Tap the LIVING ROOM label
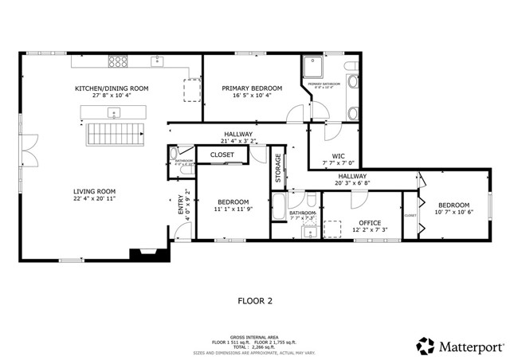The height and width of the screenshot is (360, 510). [x=96, y=191]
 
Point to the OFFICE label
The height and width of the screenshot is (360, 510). [x=369, y=222]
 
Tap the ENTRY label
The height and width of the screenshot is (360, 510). [x=179, y=204]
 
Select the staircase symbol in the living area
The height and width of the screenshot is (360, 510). [x=112, y=131]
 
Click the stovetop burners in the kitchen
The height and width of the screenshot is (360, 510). [x=119, y=61]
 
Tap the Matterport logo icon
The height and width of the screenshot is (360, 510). [x=424, y=346]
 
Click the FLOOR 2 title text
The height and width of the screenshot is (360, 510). [x=255, y=301]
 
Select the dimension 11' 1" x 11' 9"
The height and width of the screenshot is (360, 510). [x=233, y=210]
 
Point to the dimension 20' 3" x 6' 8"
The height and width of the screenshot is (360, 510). [x=352, y=183]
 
